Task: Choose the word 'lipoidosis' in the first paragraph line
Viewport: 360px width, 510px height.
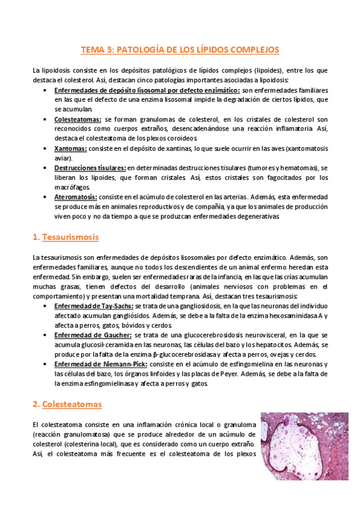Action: coord(56,70)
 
